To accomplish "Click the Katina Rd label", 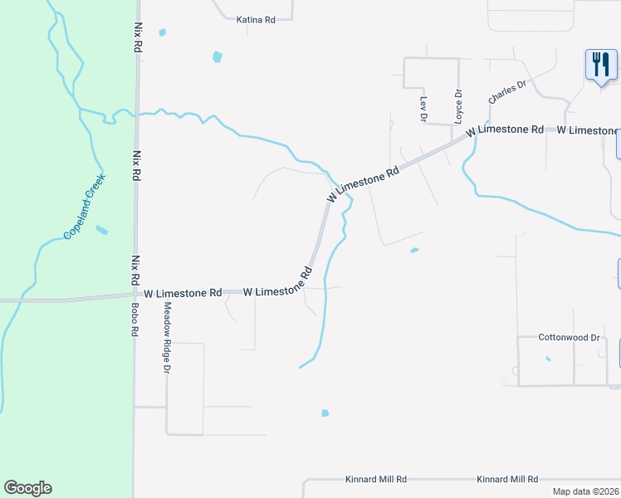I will pyautogui.click(x=256, y=19).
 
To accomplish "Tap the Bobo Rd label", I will pyautogui.click(x=134, y=319).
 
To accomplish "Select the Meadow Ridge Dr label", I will pyautogui.click(x=167, y=335).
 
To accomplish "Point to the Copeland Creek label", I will pyautogui.click(x=85, y=212).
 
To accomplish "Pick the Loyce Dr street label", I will pyautogui.click(x=457, y=105).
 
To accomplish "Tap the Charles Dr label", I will pyautogui.click(x=507, y=91).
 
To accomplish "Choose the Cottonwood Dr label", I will pyautogui.click(x=569, y=338).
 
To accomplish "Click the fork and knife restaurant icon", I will pyautogui.click(x=601, y=64).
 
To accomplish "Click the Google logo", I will pyautogui.click(x=27, y=488).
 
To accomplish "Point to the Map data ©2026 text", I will pyautogui.click(x=585, y=491).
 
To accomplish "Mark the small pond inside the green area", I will pyautogui.click(x=101, y=230).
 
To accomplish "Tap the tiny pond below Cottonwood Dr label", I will pyautogui.click(x=548, y=359).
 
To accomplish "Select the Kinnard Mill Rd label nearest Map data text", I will pyautogui.click(x=507, y=480).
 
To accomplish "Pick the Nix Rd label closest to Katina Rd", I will pyautogui.click(x=138, y=38).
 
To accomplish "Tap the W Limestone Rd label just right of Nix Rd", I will pyautogui.click(x=183, y=293).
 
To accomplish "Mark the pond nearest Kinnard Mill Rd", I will pyautogui.click(x=325, y=413).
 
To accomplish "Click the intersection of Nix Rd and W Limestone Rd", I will pyautogui.click(x=136, y=295).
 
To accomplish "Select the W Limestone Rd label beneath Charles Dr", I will pyautogui.click(x=505, y=131).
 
